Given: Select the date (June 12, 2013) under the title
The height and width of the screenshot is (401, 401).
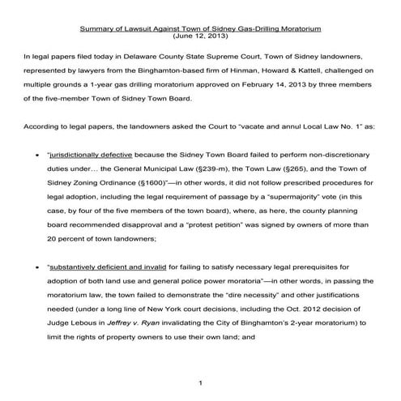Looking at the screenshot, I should click(200, 37).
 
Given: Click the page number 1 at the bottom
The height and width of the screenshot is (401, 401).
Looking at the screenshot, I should click(200, 381).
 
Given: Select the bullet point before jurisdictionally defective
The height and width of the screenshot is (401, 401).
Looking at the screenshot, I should click(39, 173).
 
